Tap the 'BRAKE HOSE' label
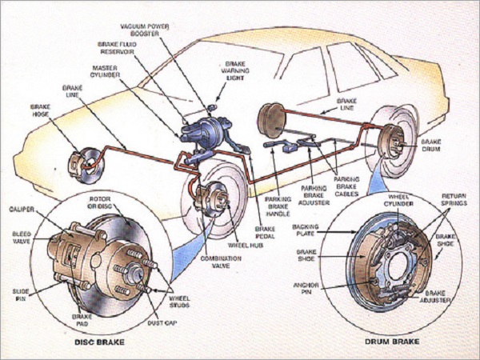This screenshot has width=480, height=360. pyautogui.click(x=40, y=110)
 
